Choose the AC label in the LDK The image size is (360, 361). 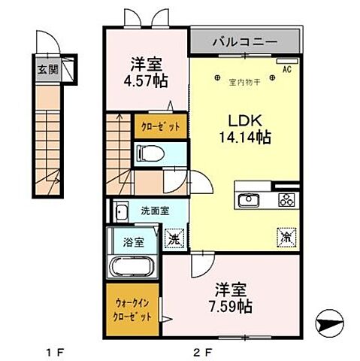[286, 69]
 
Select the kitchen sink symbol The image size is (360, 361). [248, 199]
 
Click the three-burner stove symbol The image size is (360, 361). [286, 199]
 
